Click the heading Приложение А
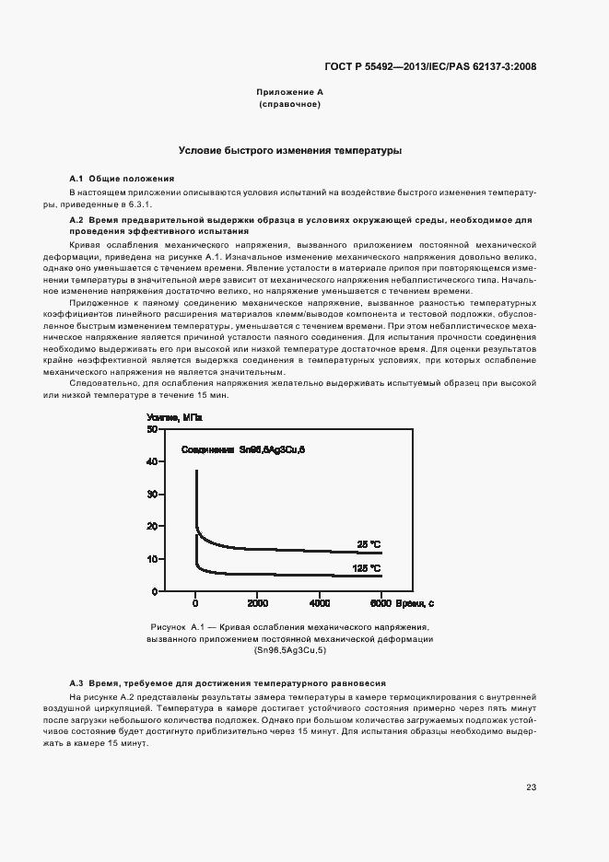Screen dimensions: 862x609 tap(289, 93)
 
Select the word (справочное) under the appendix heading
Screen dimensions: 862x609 tap(289, 105)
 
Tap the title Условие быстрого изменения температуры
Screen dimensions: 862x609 tap(289, 150)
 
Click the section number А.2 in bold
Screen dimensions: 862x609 tap(77, 221)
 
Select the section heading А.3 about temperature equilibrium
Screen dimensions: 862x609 tap(228, 682)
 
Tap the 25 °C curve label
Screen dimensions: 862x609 tap(369, 543)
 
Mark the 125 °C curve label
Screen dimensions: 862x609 tap(367, 568)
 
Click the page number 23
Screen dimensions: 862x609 tap(531, 786)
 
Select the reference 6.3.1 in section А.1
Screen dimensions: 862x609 tap(138, 204)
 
